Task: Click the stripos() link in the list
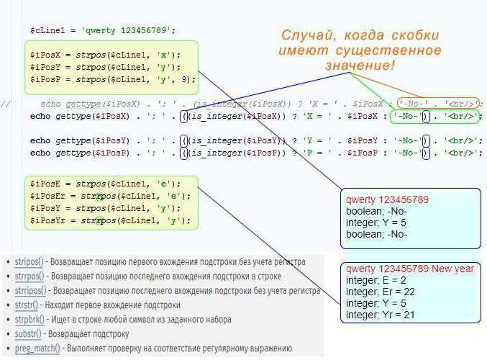29,262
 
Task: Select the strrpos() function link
29,276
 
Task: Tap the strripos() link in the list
30,291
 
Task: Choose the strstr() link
26,305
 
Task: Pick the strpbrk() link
29,320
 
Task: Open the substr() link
28,334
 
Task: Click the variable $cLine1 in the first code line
47,31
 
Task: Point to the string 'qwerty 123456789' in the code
127,31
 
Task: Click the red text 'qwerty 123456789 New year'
409,269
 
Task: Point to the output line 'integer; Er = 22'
381,292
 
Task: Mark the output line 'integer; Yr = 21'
380,315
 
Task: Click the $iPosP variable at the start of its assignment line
45,79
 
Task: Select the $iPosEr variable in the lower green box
47,196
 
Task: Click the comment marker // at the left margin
6,104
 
